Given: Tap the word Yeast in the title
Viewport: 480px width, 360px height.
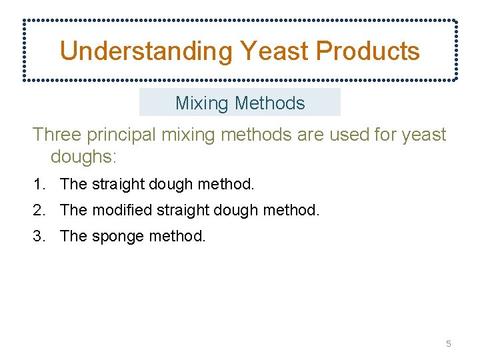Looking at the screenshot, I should [273, 51].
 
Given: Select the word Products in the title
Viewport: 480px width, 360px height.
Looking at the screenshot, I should [368, 51].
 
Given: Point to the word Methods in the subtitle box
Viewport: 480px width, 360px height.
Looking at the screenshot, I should [270, 103].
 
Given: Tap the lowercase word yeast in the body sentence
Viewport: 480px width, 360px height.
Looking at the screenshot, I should [424, 135].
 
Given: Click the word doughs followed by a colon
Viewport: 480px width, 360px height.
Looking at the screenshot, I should [83, 157].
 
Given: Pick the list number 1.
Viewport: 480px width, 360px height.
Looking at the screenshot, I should [39, 183].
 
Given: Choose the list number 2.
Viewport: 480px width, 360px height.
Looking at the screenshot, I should [39, 211].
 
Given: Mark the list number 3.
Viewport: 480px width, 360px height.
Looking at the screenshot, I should [39, 236].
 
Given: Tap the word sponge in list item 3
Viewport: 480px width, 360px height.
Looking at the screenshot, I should [113, 237].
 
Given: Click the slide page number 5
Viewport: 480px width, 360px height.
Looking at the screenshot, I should [448, 344].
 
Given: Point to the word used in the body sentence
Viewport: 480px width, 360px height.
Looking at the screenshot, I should [345, 135].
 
